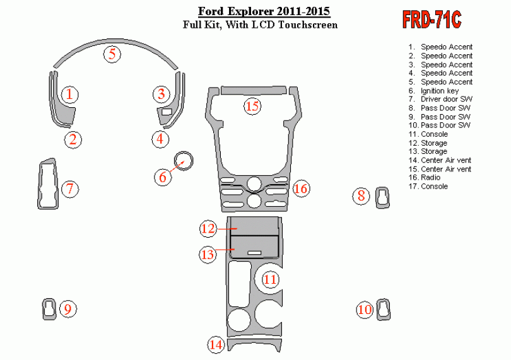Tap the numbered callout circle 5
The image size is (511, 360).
tap(112, 54)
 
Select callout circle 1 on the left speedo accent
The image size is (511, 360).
tap(69, 95)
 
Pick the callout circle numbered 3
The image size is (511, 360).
tap(162, 95)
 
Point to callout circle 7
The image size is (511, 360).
tap(70, 188)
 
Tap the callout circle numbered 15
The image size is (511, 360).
tap(252, 106)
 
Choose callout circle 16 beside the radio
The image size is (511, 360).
tap(300, 188)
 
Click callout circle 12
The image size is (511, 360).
tap(208, 228)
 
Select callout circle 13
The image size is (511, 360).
tap(208, 254)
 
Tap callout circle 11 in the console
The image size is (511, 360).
tap(271, 279)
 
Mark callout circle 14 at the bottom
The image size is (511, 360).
tap(216, 344)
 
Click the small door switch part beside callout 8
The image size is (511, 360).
tap(382, 197)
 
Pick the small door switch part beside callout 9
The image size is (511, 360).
tap(49, 308)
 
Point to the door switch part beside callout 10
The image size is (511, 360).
tap(382, 309)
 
